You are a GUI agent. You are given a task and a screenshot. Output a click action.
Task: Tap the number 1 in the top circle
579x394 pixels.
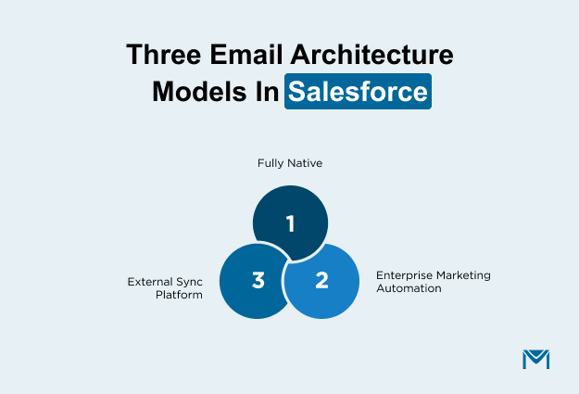pyautogui.click(x=290, y=223)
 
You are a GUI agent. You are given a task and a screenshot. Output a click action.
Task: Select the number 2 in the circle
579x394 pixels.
pyautogui.click(x=321, y=279)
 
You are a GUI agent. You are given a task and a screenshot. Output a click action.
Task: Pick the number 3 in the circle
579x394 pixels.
pyautogui.click(x=258, y=279)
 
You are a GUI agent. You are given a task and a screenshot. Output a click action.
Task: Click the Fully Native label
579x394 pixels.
pyautogui.click(x=290, y=163)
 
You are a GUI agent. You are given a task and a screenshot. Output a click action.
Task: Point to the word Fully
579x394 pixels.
pyautogui.click(x=271, y=163)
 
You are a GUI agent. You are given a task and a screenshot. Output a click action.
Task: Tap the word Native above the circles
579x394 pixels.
pyautogui.click(x=305, y=163)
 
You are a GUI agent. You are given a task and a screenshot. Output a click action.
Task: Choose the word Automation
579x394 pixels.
pyautogui.click(x=409, y=288)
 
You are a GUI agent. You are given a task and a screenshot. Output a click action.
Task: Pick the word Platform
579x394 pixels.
pyautogui.click(x=181, y=295)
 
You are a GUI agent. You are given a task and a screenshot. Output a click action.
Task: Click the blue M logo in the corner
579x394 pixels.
pyautogui.click(x=535, y=360)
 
